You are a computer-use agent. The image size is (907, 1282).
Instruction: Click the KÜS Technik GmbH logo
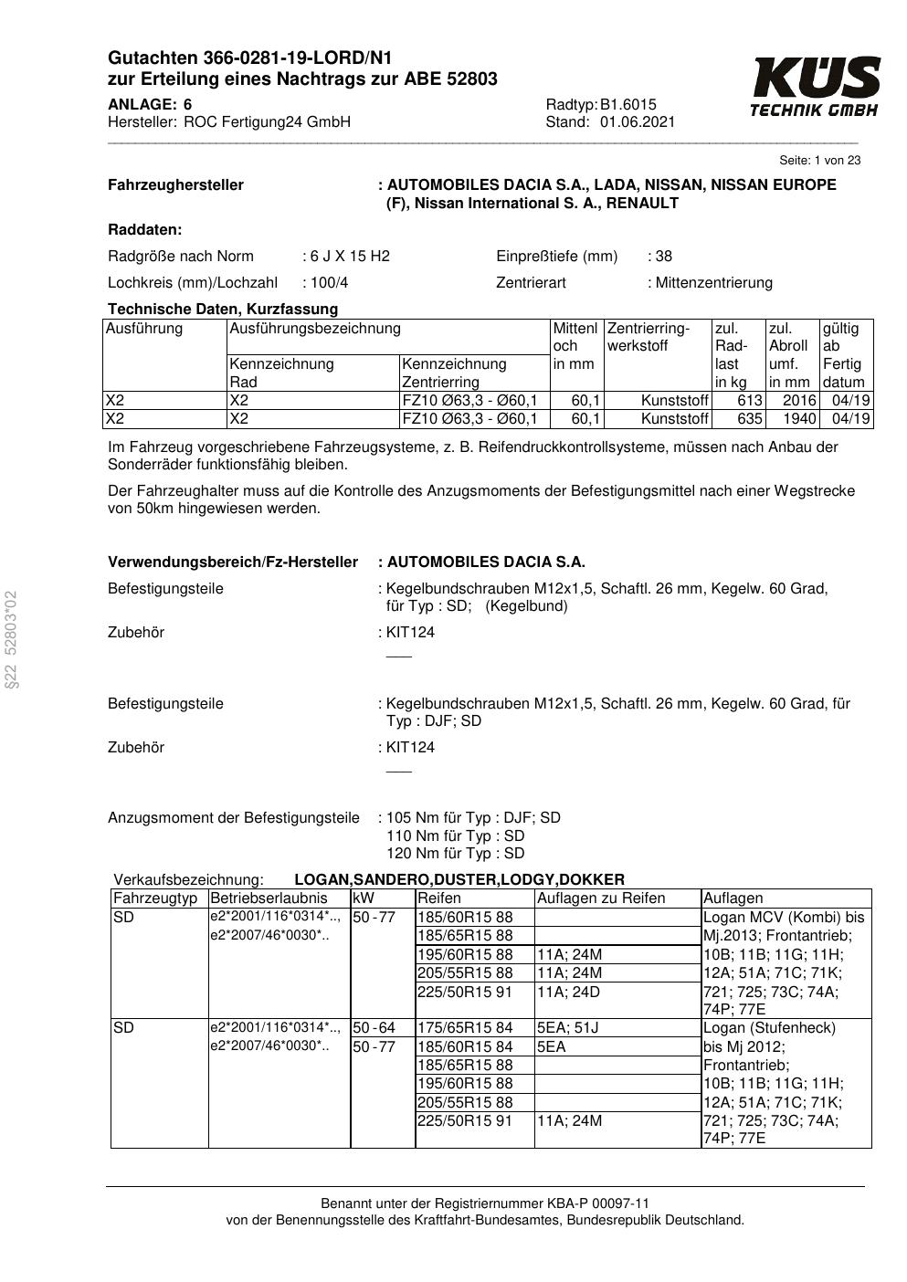(815, 87)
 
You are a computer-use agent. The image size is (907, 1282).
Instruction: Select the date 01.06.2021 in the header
(638, 122)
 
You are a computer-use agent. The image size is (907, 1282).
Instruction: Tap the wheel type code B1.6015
(628, 104)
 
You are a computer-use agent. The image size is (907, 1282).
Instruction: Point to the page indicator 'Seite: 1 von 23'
(819, 161)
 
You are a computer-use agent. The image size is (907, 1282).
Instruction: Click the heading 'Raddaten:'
(144, 229)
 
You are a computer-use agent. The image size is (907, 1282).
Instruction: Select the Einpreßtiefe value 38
(663, 256)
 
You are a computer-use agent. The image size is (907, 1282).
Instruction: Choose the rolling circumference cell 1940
(799, 419)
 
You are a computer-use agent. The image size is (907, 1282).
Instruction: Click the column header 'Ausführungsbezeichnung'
(315, 329)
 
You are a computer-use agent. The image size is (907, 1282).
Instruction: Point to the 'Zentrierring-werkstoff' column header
(649, 337)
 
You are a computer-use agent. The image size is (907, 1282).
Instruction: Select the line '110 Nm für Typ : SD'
(455, 835)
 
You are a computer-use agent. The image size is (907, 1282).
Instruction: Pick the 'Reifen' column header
(439, 898)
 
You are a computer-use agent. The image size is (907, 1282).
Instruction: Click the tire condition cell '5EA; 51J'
(567, 1028)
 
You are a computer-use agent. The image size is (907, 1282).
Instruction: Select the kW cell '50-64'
(374, 1028)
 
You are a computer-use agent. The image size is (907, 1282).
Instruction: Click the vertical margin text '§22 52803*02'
(11, 637)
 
